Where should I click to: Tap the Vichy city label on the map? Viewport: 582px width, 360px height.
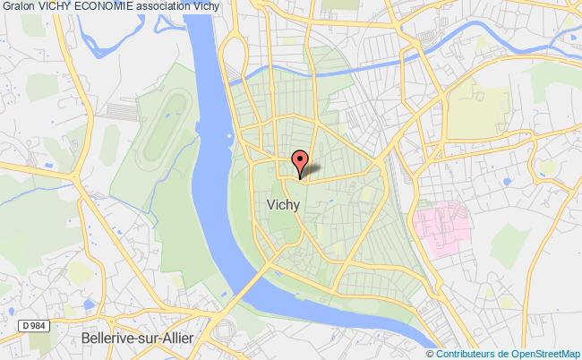(283, 204)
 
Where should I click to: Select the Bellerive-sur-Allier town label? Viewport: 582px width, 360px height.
(134, 339)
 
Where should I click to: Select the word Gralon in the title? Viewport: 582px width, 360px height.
(18, 8)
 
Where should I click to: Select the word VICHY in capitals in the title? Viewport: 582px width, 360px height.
(56, 8)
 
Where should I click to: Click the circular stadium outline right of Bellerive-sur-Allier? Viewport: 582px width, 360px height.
(225, 332)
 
